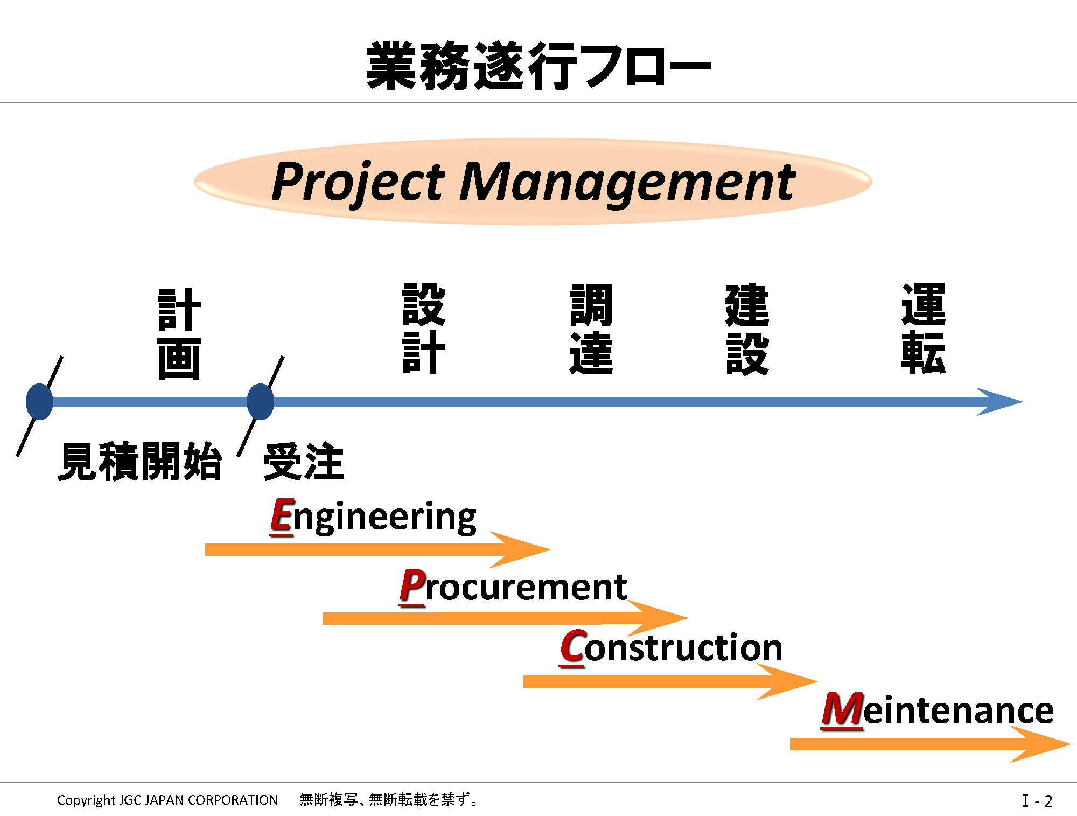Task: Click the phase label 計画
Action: [x=179, y=334]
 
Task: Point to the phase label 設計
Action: [x=424, y=329]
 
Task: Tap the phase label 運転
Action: [x=924, y=329]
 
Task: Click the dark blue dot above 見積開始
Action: [x=39, y=402]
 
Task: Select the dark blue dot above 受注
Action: [x=261, y=402]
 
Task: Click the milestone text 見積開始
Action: [x=140, y=462]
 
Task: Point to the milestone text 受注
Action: [x=304, y=462]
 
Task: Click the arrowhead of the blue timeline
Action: [x=1002, y=402]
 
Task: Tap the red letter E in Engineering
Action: [x=282, y=516]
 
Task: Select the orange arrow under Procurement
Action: [x=505, y=618]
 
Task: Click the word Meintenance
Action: [x=938, y=710]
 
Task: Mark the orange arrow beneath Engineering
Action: [x=377, y=549]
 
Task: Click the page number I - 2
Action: [x=1037, y=801]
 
